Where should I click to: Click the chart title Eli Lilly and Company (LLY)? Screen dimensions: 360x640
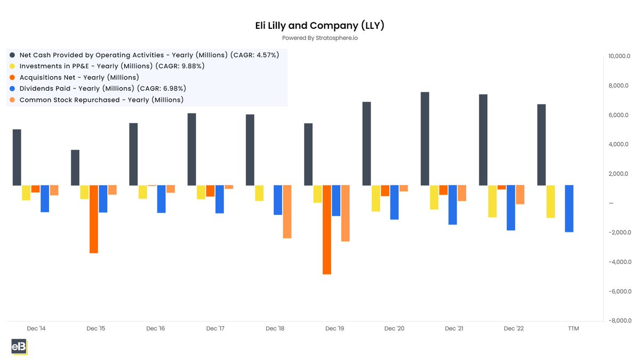tap(319, 26)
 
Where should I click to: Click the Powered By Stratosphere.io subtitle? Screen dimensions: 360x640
tap(319, 38)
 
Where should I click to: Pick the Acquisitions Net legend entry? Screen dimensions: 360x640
tap(79, 77)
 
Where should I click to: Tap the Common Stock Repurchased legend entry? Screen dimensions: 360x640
tap(101, 100)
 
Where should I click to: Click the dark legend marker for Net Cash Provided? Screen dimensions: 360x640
tap(12, 55)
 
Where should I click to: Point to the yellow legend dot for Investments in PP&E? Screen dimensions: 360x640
tap(12, 66)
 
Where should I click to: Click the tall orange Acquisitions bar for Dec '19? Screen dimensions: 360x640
tap(326, 229)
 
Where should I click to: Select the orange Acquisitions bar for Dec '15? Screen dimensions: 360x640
tap(93, 219)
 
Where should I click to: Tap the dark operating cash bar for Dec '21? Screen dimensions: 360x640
tap(425, 139)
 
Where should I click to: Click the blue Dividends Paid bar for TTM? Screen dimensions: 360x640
tap(569, 209)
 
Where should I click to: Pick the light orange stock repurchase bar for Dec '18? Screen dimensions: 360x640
tap(287, 211)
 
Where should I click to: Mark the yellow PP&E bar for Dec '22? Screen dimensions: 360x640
tap(492, 201)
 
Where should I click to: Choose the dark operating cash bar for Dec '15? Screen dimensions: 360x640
tap(75, 167)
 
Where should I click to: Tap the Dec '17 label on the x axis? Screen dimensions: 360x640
tap(215, 329)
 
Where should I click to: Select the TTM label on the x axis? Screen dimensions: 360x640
tap(573, 329)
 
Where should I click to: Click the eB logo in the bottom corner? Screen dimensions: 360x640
tap(19, 347)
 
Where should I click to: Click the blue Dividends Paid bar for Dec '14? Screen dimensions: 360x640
tap(45, 198)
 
